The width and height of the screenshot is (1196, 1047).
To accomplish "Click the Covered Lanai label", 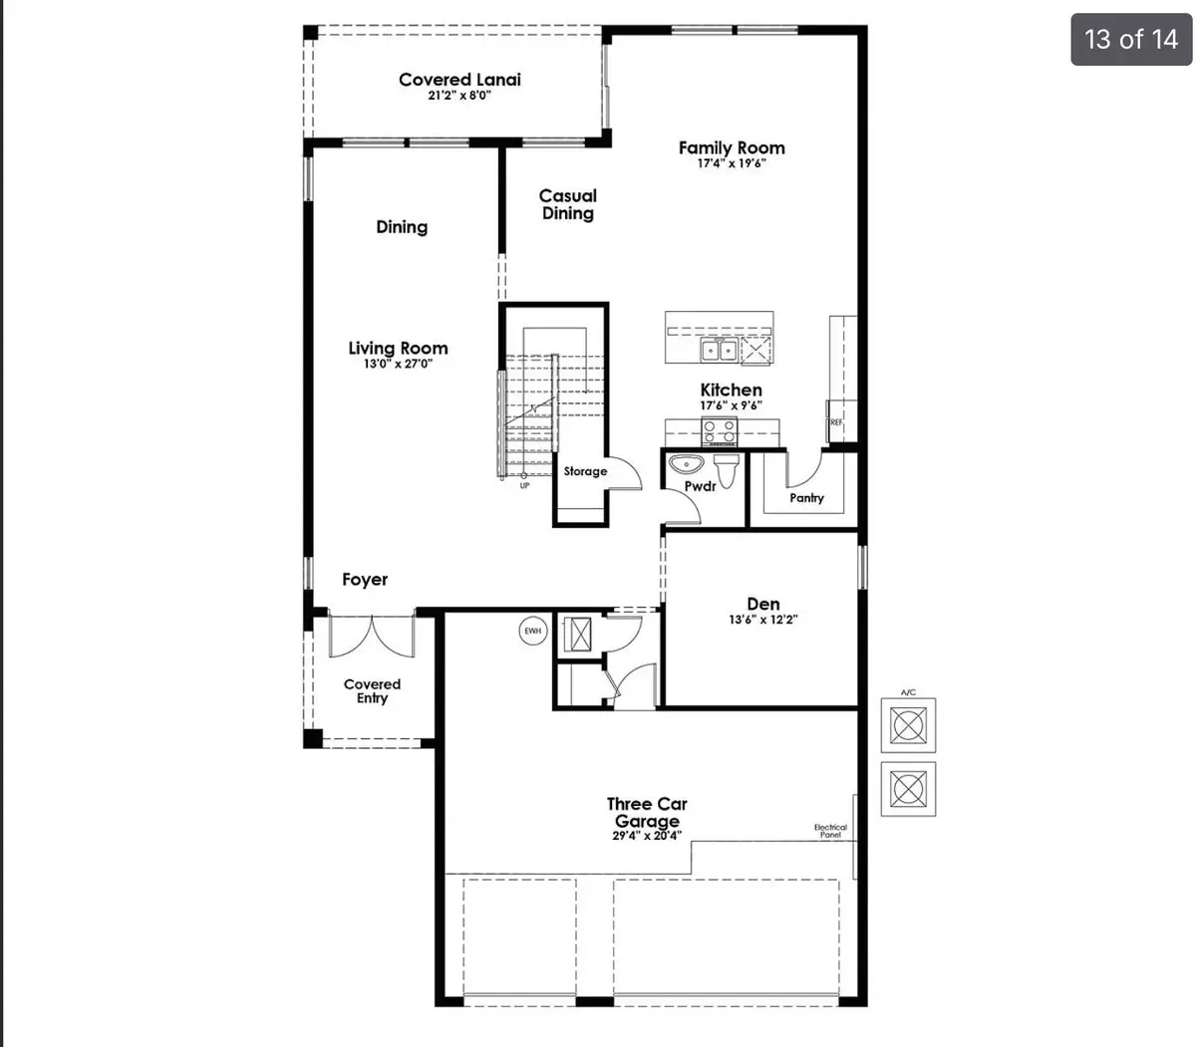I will [x=459, y=80].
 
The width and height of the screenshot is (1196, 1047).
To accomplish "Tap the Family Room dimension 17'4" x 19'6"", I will [x=732, y=164].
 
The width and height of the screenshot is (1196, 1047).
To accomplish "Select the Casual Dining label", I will [x=568, y=204].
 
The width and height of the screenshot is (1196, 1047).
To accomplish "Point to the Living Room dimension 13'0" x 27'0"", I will [x=398, y=364].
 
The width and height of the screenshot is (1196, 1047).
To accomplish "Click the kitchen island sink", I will [x=719, y=350].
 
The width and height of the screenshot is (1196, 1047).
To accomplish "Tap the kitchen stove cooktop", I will [x=720, y=431].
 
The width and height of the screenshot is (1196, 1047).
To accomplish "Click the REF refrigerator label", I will [x=836, y=423].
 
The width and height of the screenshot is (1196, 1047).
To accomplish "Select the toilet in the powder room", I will [x=726, y=470].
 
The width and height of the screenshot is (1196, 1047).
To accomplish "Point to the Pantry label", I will [x=806, y=497].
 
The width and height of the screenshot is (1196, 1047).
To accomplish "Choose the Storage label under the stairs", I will [x=585, y=471].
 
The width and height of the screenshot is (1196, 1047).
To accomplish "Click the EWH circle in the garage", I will [x=533, y=631].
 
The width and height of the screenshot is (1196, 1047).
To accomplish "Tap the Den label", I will [x=763, y=604].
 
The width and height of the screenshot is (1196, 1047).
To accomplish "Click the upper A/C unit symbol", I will [x=908, y=724].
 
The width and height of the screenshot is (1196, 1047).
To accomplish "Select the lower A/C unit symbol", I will [x=908, y=789].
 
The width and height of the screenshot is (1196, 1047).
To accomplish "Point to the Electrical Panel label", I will [x=830, y=831].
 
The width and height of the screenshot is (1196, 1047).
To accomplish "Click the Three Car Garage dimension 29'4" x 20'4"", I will [x=647, y=837].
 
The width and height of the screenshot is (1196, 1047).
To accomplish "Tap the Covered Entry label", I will [x=372, y=691].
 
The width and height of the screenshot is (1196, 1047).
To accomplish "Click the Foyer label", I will [x=365, y=580].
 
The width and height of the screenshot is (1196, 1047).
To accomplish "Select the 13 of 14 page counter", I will [x=1131, y=39].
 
